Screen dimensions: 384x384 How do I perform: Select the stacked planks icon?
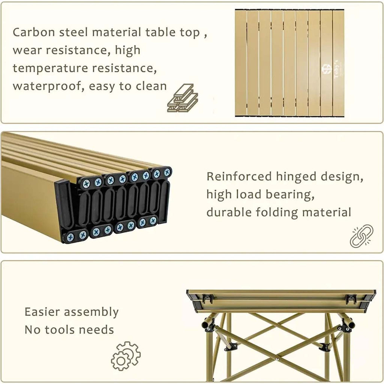click(182, 98)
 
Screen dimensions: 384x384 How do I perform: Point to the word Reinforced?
click(239, 176)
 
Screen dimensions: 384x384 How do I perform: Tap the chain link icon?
click(361, 236)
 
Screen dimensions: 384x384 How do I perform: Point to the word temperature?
click(51, 68)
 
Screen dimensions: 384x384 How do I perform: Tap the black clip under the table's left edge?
click(207, 298)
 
